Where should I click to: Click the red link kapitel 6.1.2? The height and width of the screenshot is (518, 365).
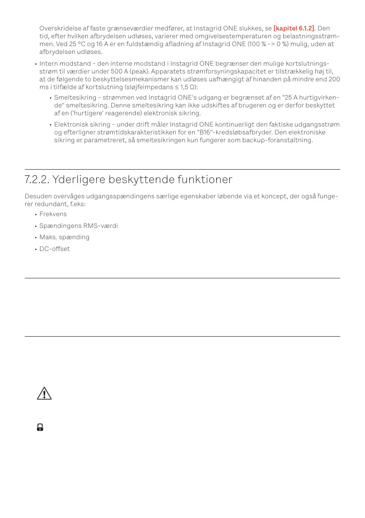click(x=294, y=28)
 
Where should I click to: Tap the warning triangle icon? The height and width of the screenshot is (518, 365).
click(x=44, y=393)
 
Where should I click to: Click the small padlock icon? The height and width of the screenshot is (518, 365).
click(x=40, y=428)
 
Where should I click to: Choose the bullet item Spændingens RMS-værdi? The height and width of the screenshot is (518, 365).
click(x=78, y=226)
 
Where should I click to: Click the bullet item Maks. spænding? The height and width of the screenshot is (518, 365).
click(x=64, y=237)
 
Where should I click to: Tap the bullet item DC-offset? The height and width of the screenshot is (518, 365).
click(x=54, y=249)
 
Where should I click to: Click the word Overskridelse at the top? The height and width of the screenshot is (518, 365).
click(x=58, y=28)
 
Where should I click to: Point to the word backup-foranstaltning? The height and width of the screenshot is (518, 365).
click(x=278, y=141)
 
